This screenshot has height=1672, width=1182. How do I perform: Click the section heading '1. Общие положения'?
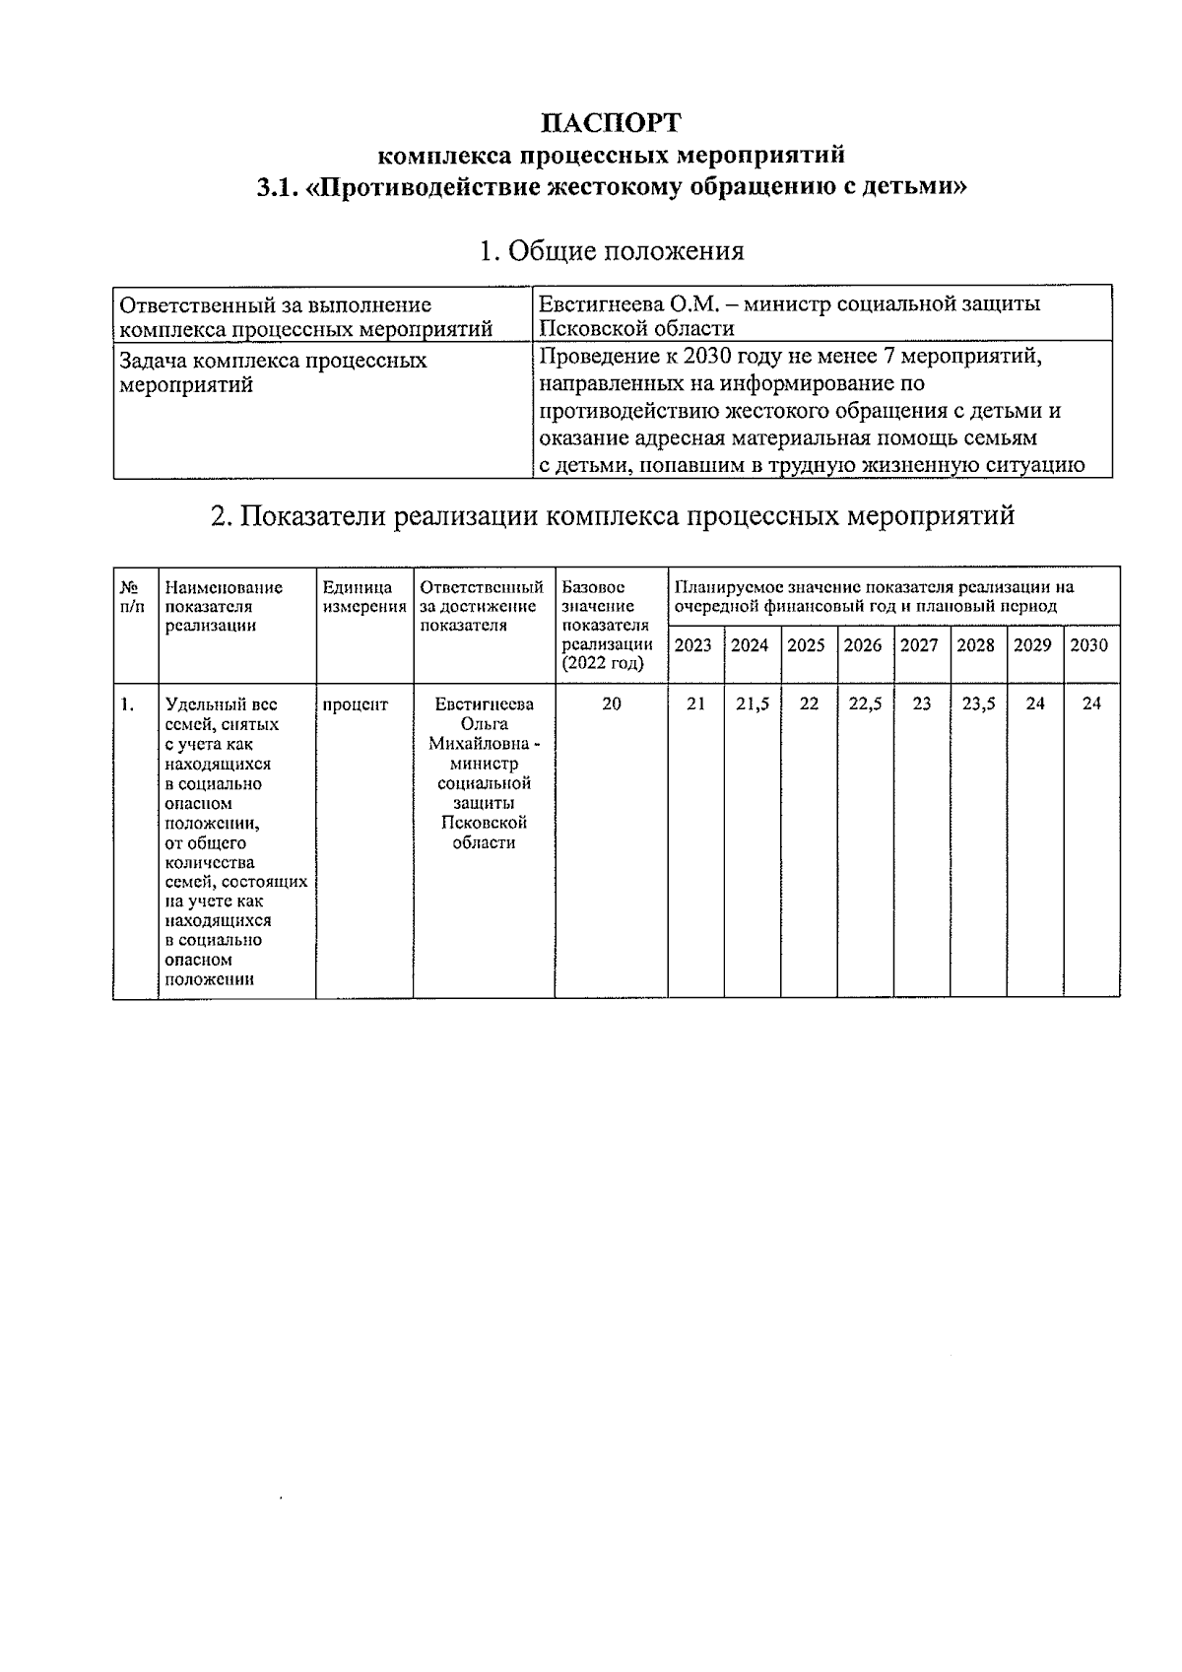pyautogui.click(x=611, y=250)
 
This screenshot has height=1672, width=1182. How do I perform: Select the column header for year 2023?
pyautogui.click(x=693, y=645)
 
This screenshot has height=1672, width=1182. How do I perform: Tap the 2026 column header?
pyautogui.click(x=863, y=645)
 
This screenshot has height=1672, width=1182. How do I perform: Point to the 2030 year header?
pyautogui.click(x=1088, y=645)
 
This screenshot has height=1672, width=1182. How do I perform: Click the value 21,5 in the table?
pyautogui.click(x=752, y=704)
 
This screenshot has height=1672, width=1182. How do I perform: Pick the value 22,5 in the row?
pyautogui.click(x=865, y=704)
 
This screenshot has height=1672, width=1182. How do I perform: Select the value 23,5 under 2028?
pyautogui.click(x=978, y=704)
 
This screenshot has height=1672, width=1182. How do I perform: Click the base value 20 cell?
pyautogui.click(x=611, y=704)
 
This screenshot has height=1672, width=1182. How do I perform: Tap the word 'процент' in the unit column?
pyautogui.click(x=356, y=704)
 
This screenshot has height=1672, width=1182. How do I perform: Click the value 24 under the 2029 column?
pyautogui.click(x=1034, y=704)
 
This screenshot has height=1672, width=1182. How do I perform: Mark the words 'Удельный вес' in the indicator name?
pyautogui.click(x=221, y=704)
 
